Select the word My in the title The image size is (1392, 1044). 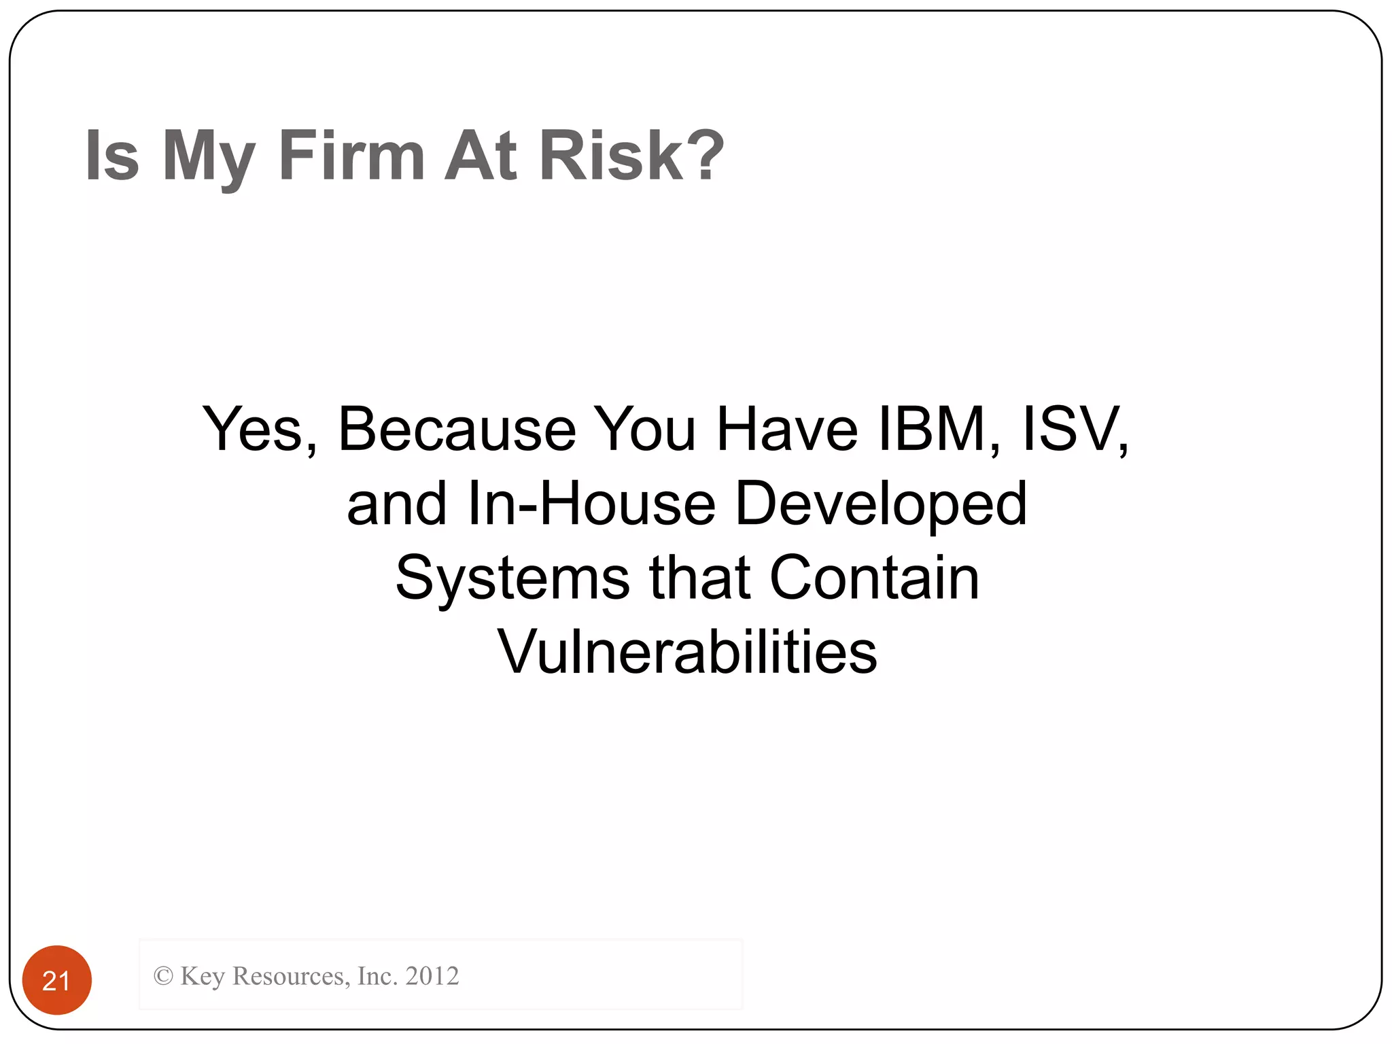tap(208, 158)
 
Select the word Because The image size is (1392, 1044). tap(457, 430)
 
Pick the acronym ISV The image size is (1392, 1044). tap(1075, 430)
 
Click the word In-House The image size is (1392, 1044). tap(591, 504)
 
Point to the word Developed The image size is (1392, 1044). tap(881, 505)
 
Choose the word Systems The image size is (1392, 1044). tap(513, 578)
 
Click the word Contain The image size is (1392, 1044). tap(874, 578)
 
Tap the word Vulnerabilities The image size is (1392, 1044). tap(687, 652)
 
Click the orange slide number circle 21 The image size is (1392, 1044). tap(57, 979)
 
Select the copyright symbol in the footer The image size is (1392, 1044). tap(163, 976)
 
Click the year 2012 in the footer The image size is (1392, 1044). tap(432, 976)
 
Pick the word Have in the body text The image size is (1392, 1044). tap(787, 430)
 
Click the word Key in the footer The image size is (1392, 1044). tap(202, 977)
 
